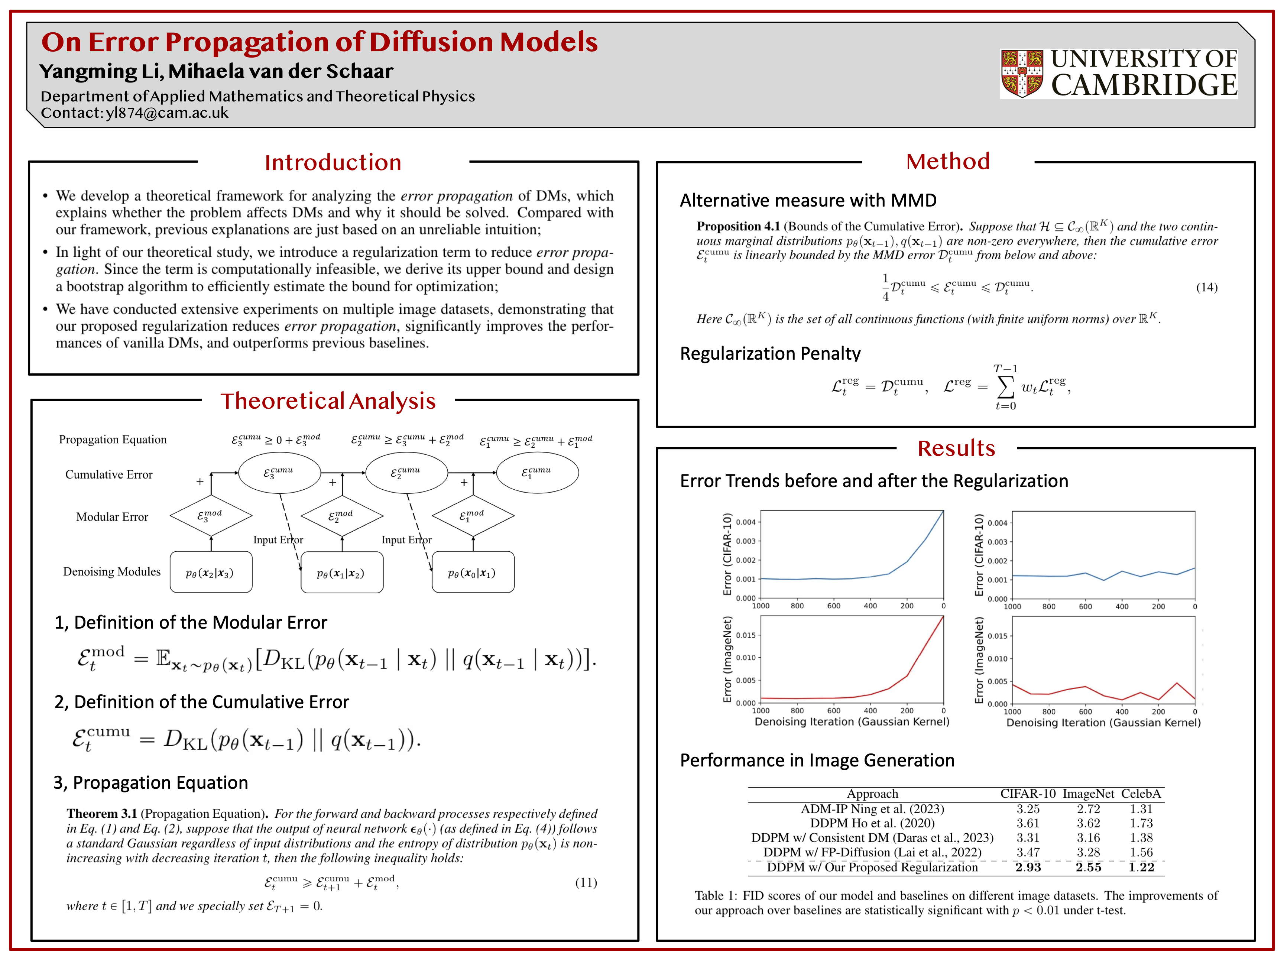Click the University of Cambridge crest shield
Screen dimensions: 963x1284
(x=1022, y=73)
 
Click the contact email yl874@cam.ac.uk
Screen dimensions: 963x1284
(x=167, y=113)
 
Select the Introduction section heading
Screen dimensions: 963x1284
(x=333, y=162)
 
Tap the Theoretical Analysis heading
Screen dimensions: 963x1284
(x=328, y=401)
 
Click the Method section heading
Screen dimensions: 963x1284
(x=948, y=161)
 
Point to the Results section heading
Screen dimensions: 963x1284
(x=956, y=448)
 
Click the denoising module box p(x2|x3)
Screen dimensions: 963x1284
(x=211, y=573)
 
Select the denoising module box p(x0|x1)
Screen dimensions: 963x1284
(x=473, y=573)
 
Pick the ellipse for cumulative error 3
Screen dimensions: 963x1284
(x=279, y=473)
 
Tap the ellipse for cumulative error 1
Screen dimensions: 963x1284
(x=537, y=473)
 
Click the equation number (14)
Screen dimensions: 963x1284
(x=1206, y=287)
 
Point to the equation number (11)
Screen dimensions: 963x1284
(x=586, y=882)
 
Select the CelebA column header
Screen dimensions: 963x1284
(x=1141, y=794)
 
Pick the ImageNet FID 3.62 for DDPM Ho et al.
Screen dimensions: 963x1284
(x=1088, y=823)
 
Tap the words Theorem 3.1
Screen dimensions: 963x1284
(x=101, y=814)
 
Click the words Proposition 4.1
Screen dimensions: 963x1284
(x=738, y=226)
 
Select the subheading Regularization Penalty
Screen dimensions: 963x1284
(x=770, y=353)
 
